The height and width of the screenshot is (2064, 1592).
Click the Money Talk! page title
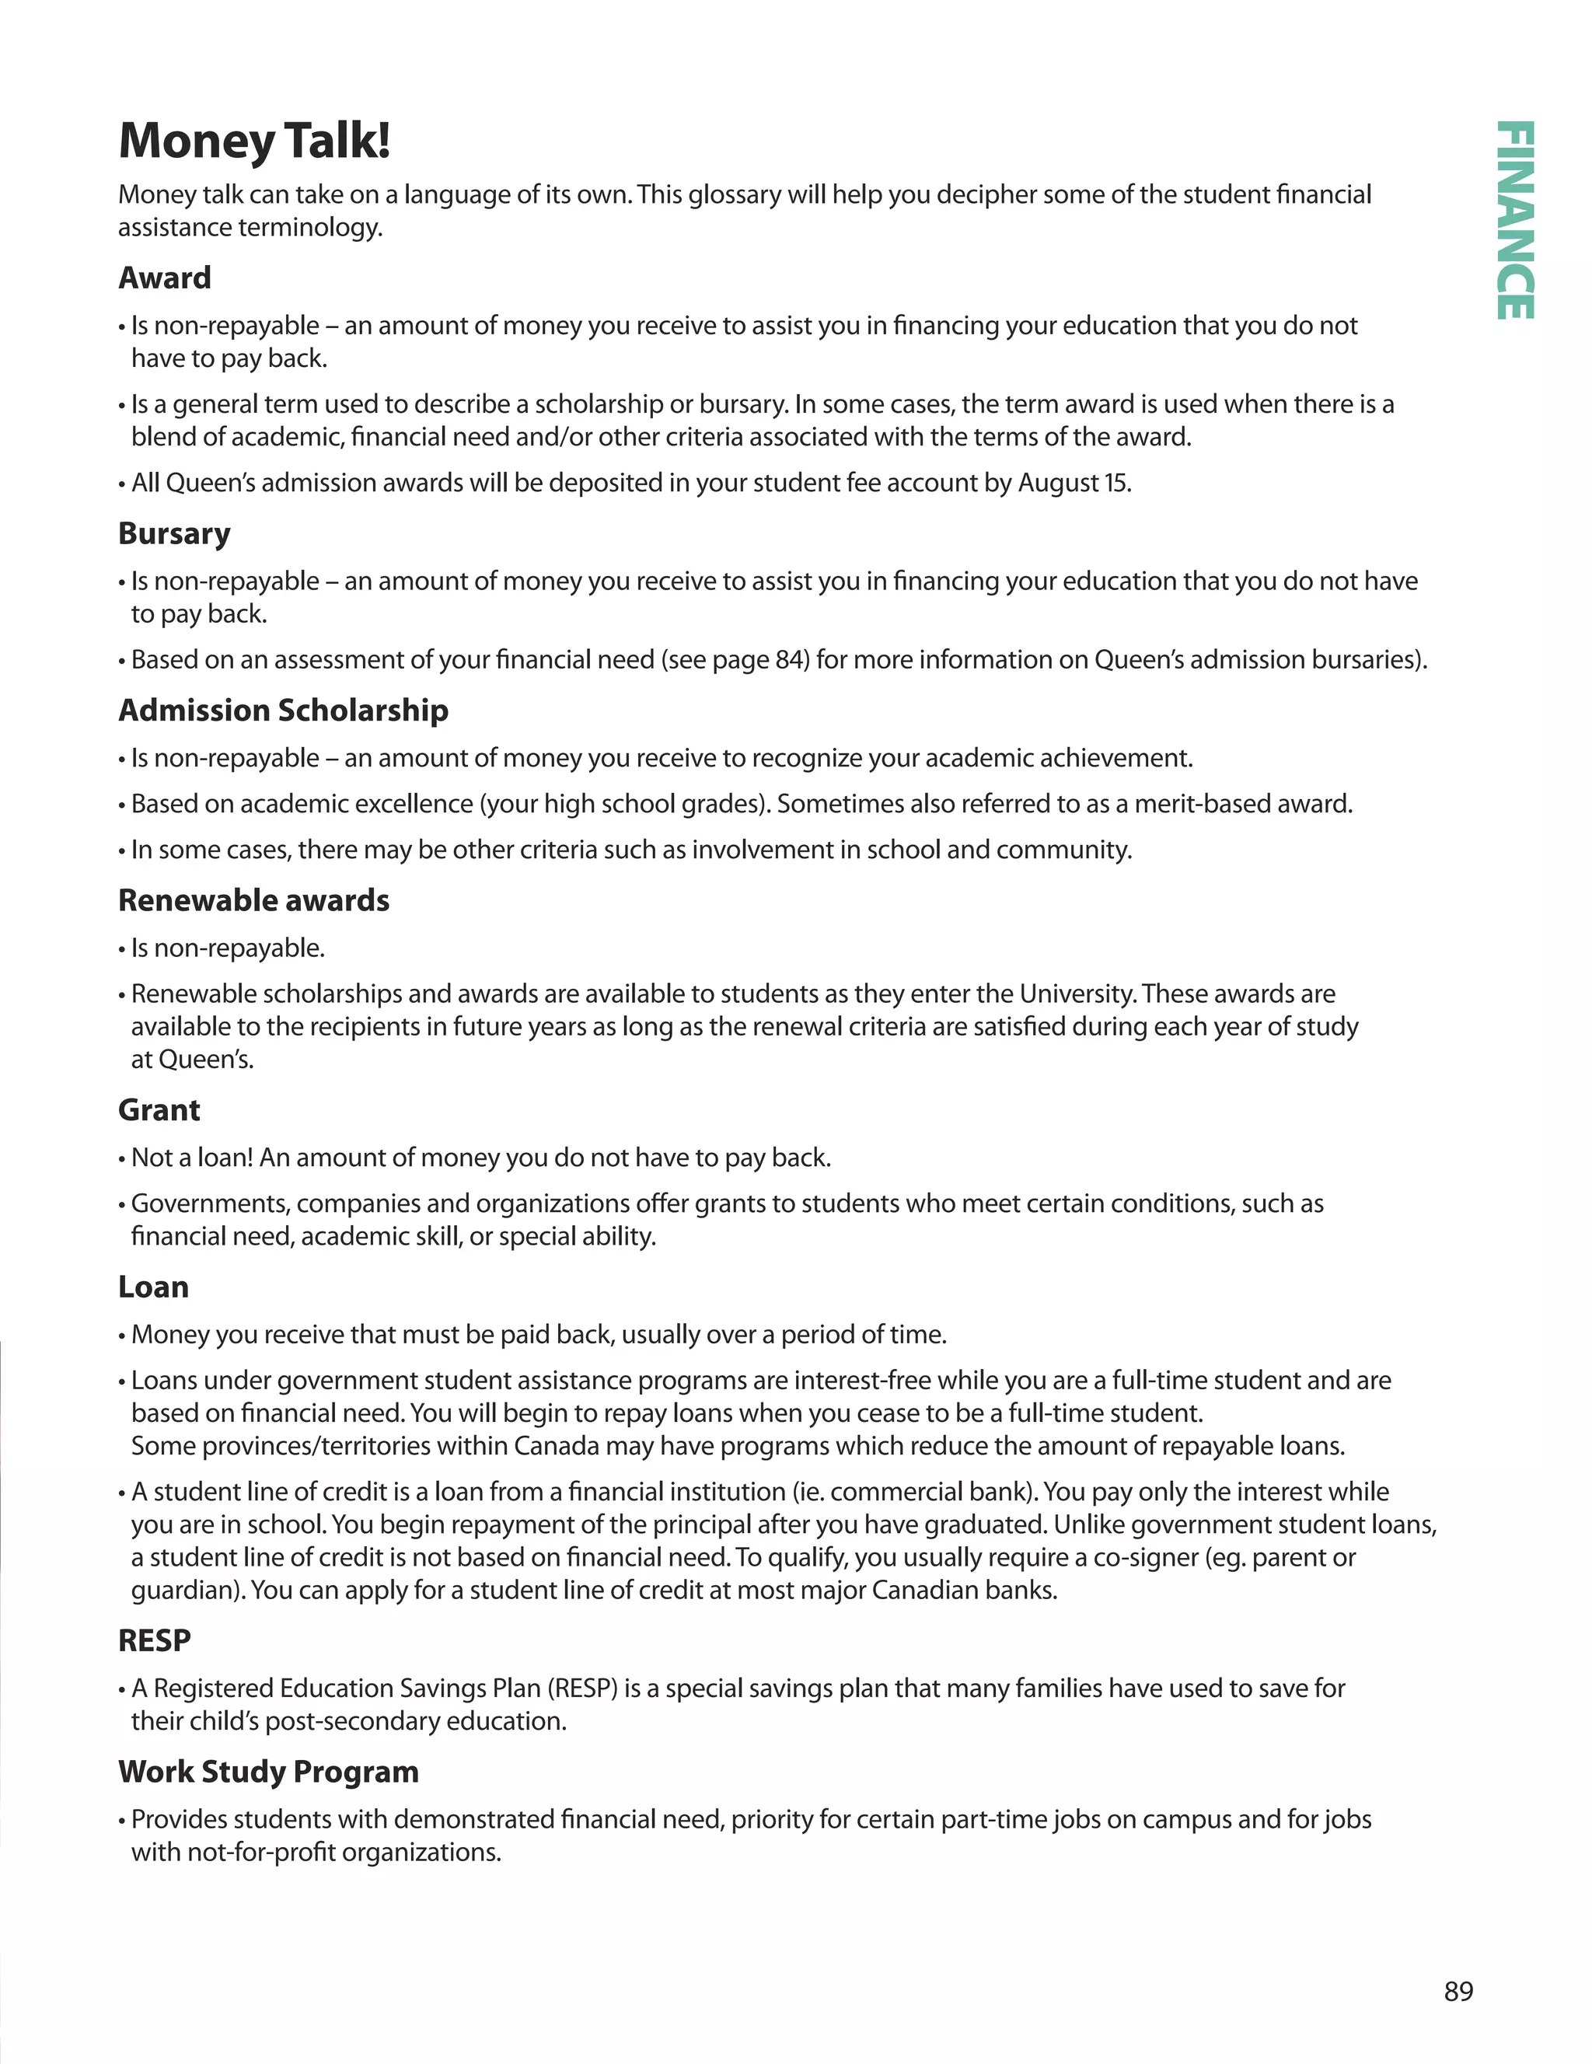(254, 140)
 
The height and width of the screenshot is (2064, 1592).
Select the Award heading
(164, 278)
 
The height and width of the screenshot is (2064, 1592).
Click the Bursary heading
(174, 533)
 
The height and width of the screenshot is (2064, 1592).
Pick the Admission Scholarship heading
(284, 710)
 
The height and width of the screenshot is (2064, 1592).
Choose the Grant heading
(159, 1109)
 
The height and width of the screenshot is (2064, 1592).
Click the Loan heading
(153, 1287)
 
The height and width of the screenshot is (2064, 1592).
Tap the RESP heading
(154, 1640)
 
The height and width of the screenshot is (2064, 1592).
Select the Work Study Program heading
(268, 1771)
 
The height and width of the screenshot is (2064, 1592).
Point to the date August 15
(1074, 483)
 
